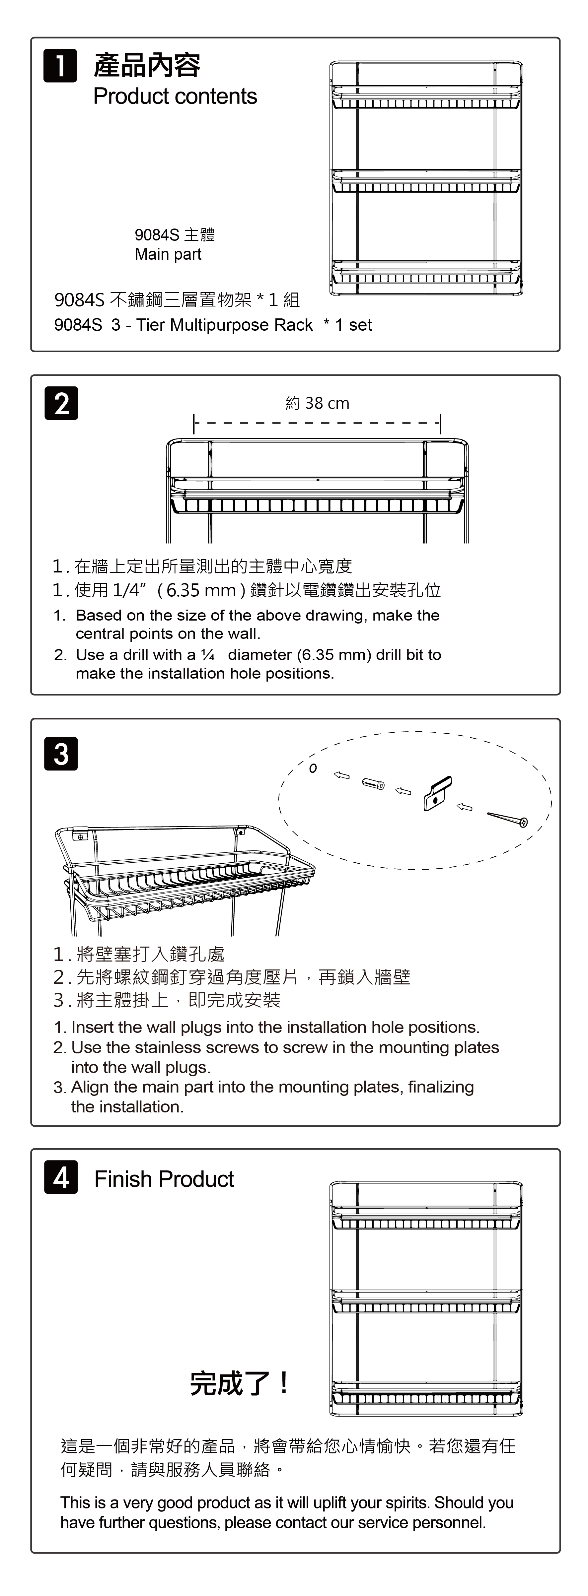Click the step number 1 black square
[60, 66]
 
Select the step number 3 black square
[61, 754]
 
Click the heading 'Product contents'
[175, 97]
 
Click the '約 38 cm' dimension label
[317, 403]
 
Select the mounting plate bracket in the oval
[437, 794]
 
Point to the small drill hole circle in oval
[313, 768]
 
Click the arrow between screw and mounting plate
[465, 807]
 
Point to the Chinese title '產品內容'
[147, 66]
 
